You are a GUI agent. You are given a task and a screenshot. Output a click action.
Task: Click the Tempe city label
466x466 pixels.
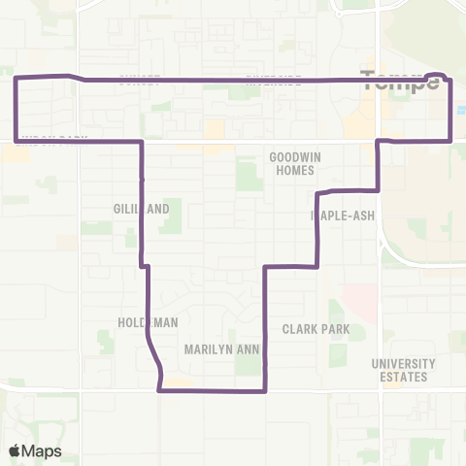tap(400, 83)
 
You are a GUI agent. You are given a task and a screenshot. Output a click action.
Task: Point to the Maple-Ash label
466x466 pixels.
tap(337, 215)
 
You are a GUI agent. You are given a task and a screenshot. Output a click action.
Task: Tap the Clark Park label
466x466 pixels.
tap(316, 329)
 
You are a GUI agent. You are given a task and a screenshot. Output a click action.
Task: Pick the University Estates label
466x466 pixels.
tap(403, 371)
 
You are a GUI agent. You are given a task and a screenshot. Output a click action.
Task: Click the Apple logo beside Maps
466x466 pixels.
tap(16, 450)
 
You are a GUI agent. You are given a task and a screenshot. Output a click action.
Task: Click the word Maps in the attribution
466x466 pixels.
tap(44, 450)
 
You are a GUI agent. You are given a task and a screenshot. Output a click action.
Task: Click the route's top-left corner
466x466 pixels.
tap(16, 77)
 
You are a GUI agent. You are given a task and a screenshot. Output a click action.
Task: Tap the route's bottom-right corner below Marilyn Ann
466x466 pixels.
tap(265, 391)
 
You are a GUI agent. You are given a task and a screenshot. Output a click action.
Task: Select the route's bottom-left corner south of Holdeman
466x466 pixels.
tap(158, 391)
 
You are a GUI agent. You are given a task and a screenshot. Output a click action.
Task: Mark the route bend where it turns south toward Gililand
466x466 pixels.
tap(143, 142)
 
